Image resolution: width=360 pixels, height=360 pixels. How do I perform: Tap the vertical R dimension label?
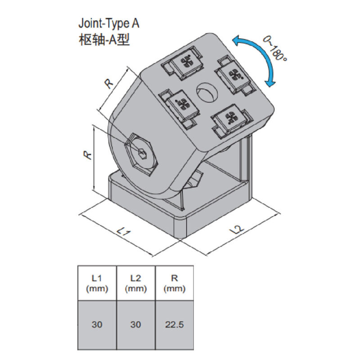(88, 155)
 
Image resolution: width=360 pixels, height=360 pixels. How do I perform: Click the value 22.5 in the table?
(174, 324)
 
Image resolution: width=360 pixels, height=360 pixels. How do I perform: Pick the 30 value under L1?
(97, 324)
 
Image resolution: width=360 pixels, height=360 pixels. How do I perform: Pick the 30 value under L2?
(135, 324)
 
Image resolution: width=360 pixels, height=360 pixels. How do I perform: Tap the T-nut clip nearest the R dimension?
(180, 104)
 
